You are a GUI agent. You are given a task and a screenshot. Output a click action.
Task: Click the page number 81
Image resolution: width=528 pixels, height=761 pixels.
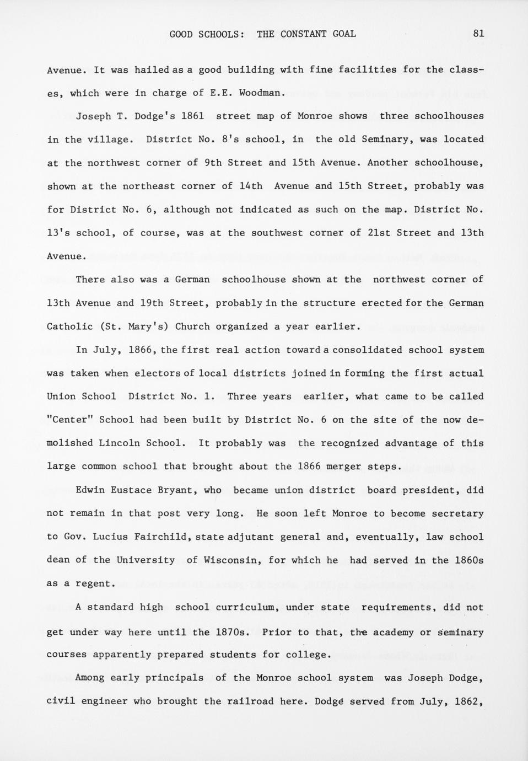point(478,34)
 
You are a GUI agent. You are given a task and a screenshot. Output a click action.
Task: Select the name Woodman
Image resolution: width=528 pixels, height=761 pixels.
point(262,93)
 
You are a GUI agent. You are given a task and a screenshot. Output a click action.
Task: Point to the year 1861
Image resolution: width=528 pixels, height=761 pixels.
point(192,116)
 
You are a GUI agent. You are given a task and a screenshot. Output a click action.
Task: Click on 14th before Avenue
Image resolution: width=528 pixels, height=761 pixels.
point(251,186)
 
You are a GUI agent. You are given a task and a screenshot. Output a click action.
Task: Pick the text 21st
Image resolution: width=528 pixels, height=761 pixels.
point(379,233)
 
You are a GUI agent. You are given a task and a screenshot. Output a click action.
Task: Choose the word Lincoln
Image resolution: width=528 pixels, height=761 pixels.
point(119,443)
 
